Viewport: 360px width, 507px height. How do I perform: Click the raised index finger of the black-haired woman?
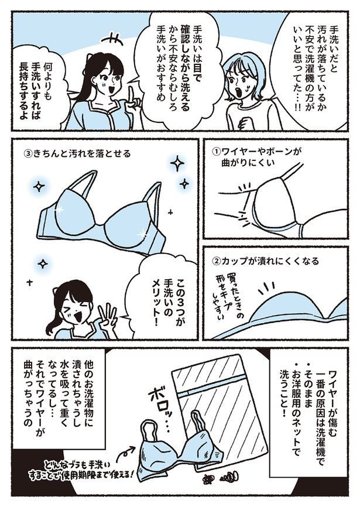131,94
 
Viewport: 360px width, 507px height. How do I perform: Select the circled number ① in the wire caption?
216,151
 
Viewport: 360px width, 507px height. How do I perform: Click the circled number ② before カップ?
216,261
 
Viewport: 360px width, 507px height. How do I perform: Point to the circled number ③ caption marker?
28,153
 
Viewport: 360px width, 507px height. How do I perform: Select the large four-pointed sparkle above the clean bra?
177,164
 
